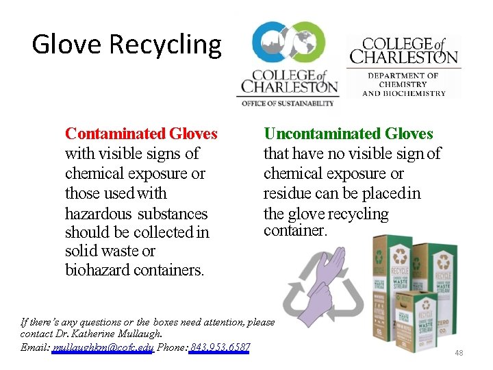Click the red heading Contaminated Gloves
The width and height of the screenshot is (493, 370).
coord(141,133)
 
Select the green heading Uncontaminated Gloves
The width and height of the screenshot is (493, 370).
coord(349,133)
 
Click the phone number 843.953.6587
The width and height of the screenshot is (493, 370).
coord(220,347)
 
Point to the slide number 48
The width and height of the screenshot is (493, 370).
coord(459,353)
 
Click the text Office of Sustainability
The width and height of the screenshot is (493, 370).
coord(287,103)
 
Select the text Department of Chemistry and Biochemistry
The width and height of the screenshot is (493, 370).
coord(403,84)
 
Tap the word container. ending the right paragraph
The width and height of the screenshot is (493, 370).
coord(296,230)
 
